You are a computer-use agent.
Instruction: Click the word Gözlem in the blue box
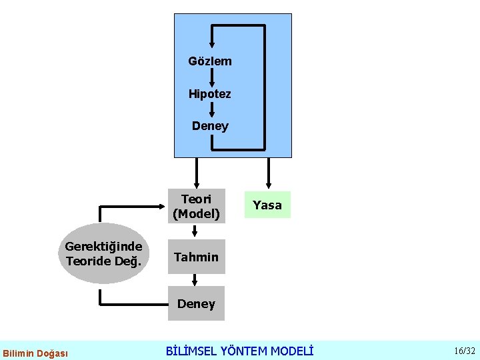pyautogui.click(x=210, y=61)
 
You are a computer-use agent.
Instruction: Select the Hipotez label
pyautogui.click(x=210, y=94)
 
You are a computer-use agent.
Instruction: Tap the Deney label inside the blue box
pyautogui.click(x=210, y=126)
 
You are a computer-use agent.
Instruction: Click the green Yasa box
pyautogui.click(x=267, y=205)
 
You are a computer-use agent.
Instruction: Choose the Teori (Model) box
pyautogui.click(x=196, y=206)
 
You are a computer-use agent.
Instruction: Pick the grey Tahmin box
pyautogui.click(x=196, y=257)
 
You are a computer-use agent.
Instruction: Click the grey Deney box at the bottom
pyautogui.click(x=196, y=304)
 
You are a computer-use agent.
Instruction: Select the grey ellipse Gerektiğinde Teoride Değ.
pyautogui.click(x=103, y=254)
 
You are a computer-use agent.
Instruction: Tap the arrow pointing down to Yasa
pyautogui.click(x=268, y=173)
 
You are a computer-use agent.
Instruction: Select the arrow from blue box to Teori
pyautogui.click(x=196, y=173)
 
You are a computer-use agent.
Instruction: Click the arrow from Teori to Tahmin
pyautogui.click(x=195, y=231)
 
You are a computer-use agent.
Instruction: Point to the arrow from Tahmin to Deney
pyautogui.click(x=195, y=281)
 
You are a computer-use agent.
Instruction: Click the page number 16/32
pyautogui.click(x=464, y=351)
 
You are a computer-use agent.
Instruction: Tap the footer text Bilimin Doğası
pyautogui.click(x=35, y=353)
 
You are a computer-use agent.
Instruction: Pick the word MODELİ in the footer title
pyautogui.click(x=291, y=351)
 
